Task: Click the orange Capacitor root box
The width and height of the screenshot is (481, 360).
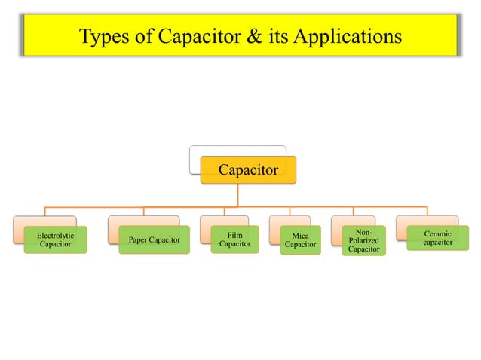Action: click(248, 170)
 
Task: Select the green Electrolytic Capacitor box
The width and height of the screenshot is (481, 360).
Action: click(55, 240)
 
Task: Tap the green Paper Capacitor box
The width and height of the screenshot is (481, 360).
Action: click(154, 240)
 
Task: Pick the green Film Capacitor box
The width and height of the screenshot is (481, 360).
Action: click(234, 239)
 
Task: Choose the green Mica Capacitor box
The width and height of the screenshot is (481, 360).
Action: click(300, 240)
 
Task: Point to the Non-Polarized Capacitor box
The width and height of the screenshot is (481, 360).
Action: click(363, 240)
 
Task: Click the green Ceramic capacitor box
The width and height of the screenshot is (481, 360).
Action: click(437, 239)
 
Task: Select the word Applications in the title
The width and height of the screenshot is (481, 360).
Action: click(354, 36)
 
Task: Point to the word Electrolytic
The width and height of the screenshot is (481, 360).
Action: click(55, 236)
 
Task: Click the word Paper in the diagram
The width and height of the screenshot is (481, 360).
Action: click(139, 240)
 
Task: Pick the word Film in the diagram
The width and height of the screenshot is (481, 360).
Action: click(234, 235)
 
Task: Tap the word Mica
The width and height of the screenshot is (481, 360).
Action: click(300, 236)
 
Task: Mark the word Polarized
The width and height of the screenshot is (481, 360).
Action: click(363, 240)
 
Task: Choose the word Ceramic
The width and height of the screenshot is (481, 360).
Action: click(437, 234)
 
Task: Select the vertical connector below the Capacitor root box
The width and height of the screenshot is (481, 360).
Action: click(237, 194)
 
